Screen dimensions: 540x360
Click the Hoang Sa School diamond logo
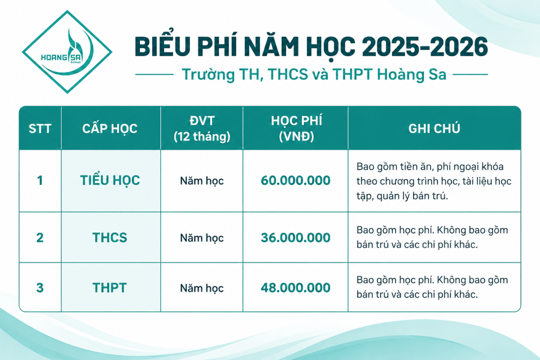67,52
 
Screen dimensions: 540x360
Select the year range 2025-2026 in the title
425,47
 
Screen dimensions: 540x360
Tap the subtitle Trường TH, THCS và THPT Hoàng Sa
314,74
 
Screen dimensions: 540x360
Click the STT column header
40,129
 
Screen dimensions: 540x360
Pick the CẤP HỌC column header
110,128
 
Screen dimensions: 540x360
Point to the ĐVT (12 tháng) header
202,129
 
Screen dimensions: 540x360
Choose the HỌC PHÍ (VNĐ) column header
296,129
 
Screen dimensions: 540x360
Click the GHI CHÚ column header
434,129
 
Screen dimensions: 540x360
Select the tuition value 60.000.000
296,180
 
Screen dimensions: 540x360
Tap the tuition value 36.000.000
296,238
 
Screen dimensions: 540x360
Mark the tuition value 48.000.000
296,288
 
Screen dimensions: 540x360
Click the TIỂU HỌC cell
110,180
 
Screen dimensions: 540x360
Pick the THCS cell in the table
110,238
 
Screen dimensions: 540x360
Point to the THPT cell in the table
110,288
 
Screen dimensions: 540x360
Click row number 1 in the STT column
40,180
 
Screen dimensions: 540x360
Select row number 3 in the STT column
40,288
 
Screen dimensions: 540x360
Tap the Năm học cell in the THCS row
202,238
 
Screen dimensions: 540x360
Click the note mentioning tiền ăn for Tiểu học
434,181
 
